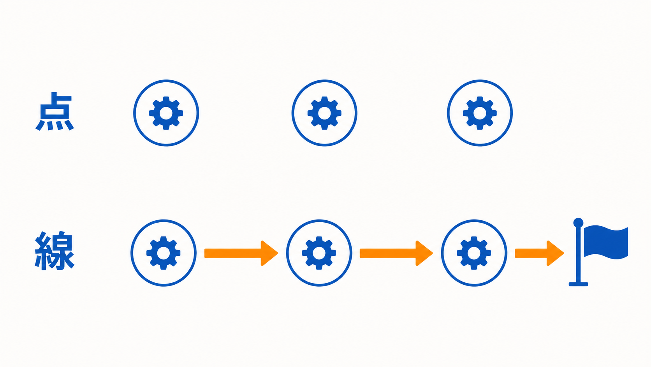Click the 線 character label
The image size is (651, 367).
[55, 251]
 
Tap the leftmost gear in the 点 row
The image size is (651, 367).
[166, 113]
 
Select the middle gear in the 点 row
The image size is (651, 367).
[324, 113]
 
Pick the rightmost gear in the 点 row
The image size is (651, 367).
[480, 113]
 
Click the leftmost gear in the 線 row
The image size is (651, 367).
[163, 253]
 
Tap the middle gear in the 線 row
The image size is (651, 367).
[319, 253]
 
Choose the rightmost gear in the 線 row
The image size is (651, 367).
[474, 253]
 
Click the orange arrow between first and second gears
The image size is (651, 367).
[241, 253]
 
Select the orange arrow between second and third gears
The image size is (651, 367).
[396, 253]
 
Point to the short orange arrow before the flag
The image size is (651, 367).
[539, 253]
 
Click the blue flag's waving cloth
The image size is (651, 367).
[606, 242]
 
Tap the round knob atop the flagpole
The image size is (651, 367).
[578, 223]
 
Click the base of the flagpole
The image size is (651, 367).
[578, 284]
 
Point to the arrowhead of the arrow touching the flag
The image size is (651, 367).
[555, 253]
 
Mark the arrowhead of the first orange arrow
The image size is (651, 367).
[269, 253]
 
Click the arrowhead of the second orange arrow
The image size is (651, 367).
[424, 253]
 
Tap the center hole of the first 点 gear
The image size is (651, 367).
[166, 113]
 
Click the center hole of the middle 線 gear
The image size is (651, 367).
[319, 253]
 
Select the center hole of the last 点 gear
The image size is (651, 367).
[480, 113]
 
